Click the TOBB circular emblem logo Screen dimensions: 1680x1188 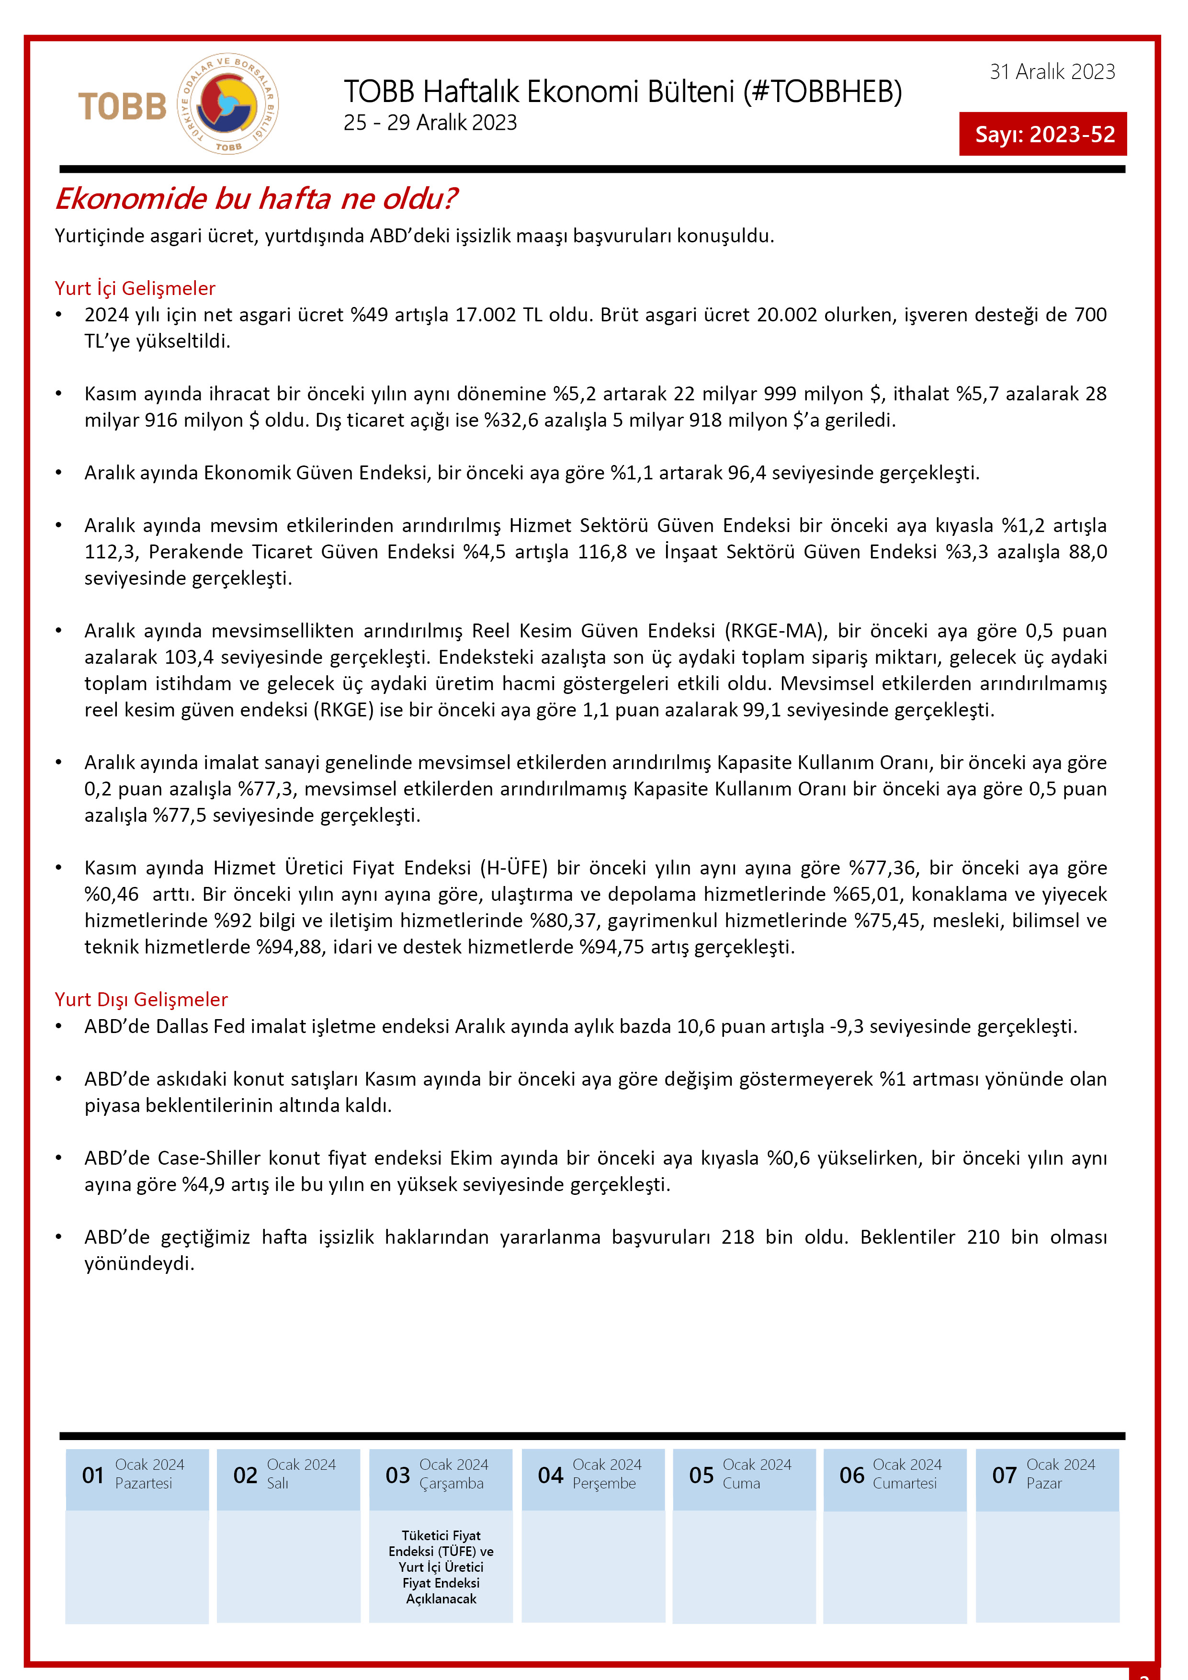pyautogui.click(x=227, y=104)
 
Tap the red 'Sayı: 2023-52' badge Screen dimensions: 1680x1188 pyautogui.click(x=1043, y=134)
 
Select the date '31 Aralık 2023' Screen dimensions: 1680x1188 pyautogui.click(x=1052, y=72)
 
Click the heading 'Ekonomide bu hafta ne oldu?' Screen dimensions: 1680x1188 pyautogui.click(x=256, y=199)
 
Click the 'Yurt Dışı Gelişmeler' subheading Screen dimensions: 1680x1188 pyautogui.click(x=141, y=999)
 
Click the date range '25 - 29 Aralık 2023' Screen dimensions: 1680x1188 pyautogui.click(x=430, y=123)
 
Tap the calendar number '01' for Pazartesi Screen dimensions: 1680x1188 pyautogui.click(x=93, y=1475)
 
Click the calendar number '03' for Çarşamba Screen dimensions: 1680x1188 pyautogui.click(x=397, y=1475)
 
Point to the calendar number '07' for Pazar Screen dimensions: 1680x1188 pyautogui.click(x=1005, y=1475)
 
